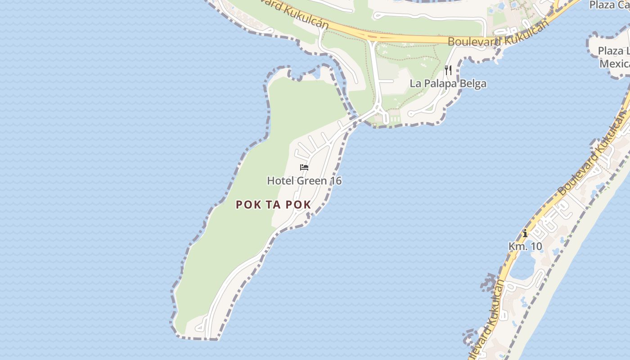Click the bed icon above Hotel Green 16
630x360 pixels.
click(304, 168)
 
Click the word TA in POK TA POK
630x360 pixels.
click(274, 205)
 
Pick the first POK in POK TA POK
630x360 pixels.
click(248, 205)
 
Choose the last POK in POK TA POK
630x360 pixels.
click(297, 205)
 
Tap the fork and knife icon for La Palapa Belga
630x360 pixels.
click(448, 70)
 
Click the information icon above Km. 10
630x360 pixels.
click(525, 234)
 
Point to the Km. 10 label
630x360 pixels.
click(525, 247)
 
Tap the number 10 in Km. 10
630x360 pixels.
click(536, 247)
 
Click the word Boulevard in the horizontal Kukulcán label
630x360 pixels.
click(473, 42)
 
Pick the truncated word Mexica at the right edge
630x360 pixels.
click(614, 63)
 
